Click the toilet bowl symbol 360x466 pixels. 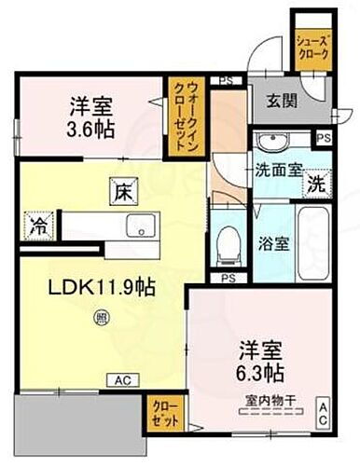coord(225,243)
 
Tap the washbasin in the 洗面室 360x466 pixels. coord(273,143)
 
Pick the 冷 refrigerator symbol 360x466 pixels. coord(39,226)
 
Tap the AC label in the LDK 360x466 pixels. coord(122,379)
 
